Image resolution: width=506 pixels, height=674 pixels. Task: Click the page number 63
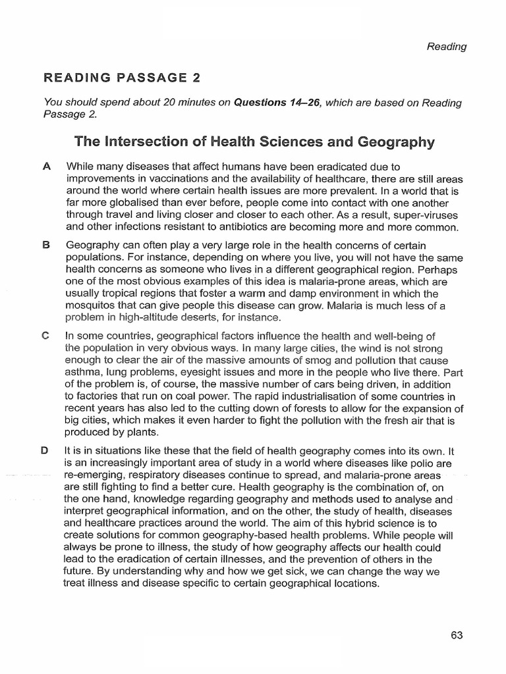tap(457, 635)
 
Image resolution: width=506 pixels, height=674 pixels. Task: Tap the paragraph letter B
tap(46, 244)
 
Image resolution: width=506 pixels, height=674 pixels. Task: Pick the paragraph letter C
tap(46, 336)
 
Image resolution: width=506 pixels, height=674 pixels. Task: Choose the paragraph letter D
tap(46, 451)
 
